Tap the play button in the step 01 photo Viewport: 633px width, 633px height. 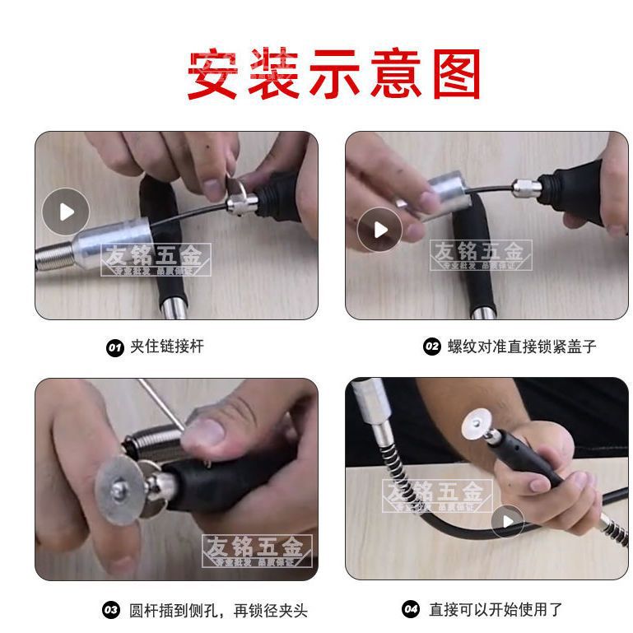point(65,212)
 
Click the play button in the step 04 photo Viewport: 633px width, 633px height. point(507,521)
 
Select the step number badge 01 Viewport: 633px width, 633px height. point(115,347)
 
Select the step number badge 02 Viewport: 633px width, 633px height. point(432,347)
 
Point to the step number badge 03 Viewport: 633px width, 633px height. point(110,610)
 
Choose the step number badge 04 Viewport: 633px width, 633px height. point(411,610)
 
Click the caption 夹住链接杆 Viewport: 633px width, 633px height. point(167,347)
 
